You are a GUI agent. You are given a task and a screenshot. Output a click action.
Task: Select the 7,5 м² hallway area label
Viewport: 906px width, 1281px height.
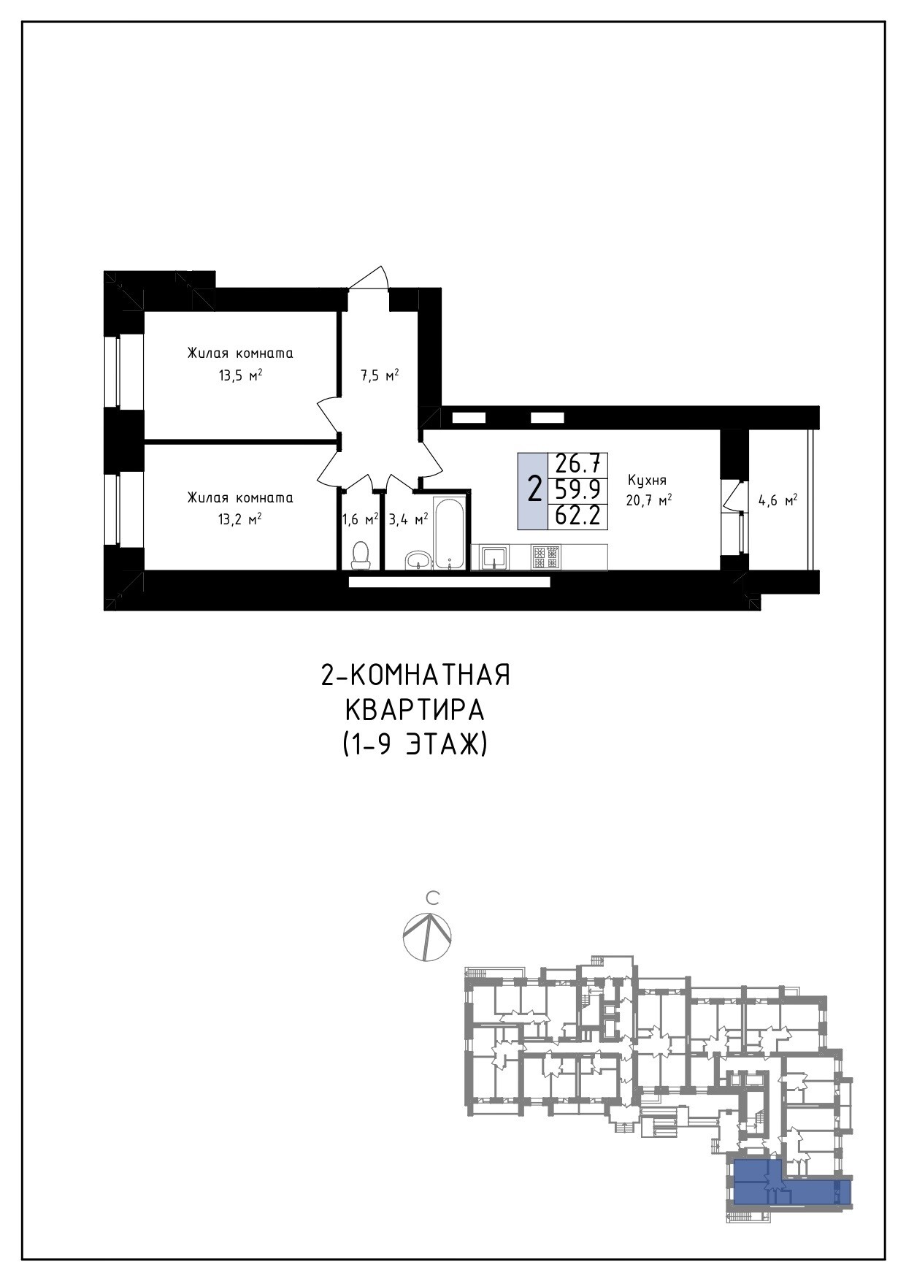pyautogui.click(x=380, y=376)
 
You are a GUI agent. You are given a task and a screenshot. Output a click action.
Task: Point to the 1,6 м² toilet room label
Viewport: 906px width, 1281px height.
pyautogui.click(x=360, y=519)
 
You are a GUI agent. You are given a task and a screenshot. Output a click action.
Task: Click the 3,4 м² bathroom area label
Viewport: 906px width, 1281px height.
pyautogui.click(x=408, y=519)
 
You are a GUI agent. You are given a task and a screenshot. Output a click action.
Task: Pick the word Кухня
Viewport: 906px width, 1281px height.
pyautogui.click(x=647, y=481)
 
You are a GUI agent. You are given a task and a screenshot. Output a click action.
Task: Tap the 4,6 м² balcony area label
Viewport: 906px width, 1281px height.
pyautogui.click(x=778, y=501)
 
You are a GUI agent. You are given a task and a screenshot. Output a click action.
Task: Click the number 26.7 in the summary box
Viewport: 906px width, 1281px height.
pyautogui.click(x=577, y=463)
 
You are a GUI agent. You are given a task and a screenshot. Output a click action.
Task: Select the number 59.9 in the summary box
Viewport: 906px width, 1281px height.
pyautogui.click(x=577, y=489)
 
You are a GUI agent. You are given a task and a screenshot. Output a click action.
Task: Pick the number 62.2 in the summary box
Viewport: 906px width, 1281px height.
pyautogui.click(x=577, y=516)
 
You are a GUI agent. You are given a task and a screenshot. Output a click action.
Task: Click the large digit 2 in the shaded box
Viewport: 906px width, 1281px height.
pyautogui.click(x=534, y=489)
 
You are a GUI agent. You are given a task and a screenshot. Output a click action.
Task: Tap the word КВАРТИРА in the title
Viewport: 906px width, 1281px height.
pyautogui.click(x=414, y=710)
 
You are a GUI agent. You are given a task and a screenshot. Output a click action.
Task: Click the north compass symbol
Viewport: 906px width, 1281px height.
pyautogui.click(x=427, y=936)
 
